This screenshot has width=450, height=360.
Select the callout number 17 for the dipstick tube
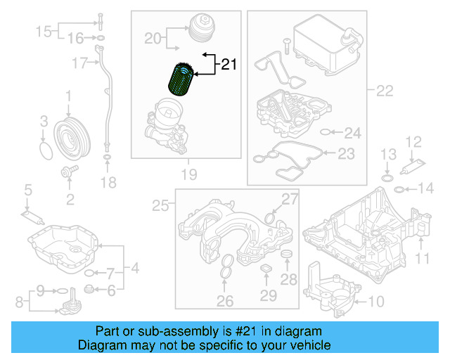click(80, 63)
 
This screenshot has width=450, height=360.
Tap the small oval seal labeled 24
click(326, 132)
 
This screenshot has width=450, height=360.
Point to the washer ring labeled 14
click(399, 188)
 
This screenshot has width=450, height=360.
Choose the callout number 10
click(375, 302)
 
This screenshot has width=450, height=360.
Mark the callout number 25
click(161, 205)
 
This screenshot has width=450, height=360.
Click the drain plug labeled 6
click(89, 289)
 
